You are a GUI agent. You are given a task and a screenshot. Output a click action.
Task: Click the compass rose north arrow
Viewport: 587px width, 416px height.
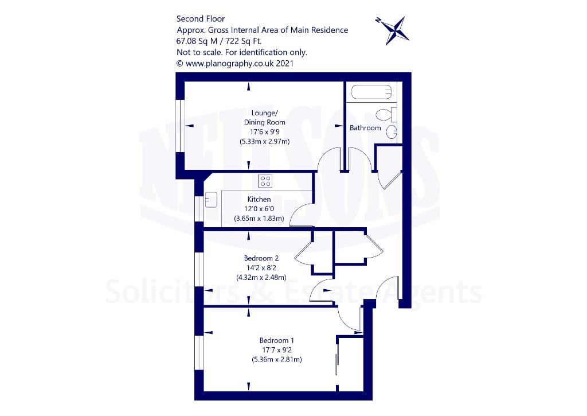point(392,31)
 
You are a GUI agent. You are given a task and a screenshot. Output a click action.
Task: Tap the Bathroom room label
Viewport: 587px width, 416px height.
point(365,128)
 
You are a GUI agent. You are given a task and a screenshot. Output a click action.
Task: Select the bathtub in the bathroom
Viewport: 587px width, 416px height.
point(371,92)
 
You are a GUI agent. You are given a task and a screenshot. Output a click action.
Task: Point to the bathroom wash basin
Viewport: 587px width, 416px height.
point(392,132)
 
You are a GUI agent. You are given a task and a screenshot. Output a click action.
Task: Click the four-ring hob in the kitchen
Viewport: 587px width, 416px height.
point(265,181)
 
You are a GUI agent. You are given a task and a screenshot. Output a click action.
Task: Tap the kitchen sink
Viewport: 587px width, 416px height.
point(211,199)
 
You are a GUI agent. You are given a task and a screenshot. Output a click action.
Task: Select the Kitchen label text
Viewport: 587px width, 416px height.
point(259,199)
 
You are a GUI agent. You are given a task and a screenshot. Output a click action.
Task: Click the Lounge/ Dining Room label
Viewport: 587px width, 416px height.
point(265,118)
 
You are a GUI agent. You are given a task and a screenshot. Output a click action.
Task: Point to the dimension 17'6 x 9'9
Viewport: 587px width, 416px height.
point(265,132)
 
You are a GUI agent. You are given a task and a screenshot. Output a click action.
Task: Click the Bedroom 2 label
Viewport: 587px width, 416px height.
point(261,258)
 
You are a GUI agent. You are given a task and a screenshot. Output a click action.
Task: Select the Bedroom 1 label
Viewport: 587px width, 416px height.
point(277,340)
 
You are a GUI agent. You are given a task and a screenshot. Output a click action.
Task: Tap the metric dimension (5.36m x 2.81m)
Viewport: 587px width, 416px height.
point(277,359)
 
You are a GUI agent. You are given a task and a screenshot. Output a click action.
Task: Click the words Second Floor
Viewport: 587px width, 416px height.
point(201,19)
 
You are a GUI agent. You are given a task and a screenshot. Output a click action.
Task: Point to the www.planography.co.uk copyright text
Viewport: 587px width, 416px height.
point(235,63)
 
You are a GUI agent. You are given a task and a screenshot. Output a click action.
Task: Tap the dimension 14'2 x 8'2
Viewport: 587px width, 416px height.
point(261,268)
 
